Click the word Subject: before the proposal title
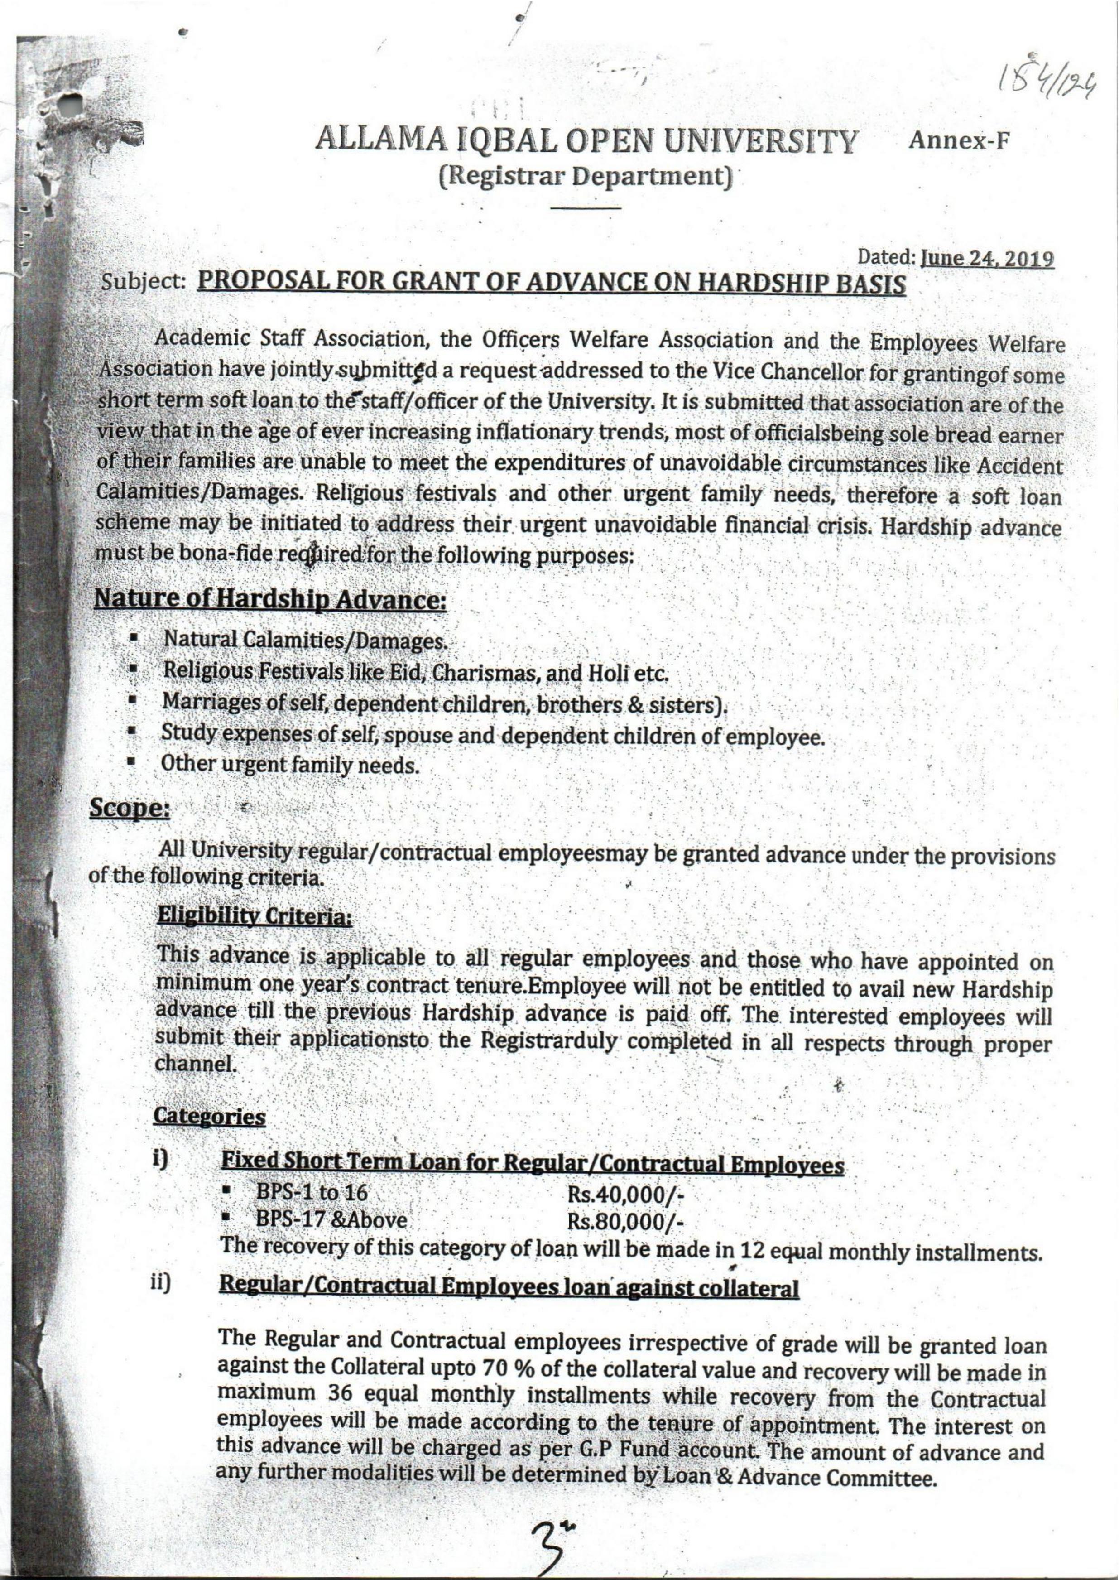[145, 283]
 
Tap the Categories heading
[209, 1116]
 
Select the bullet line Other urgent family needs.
[289, 764]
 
